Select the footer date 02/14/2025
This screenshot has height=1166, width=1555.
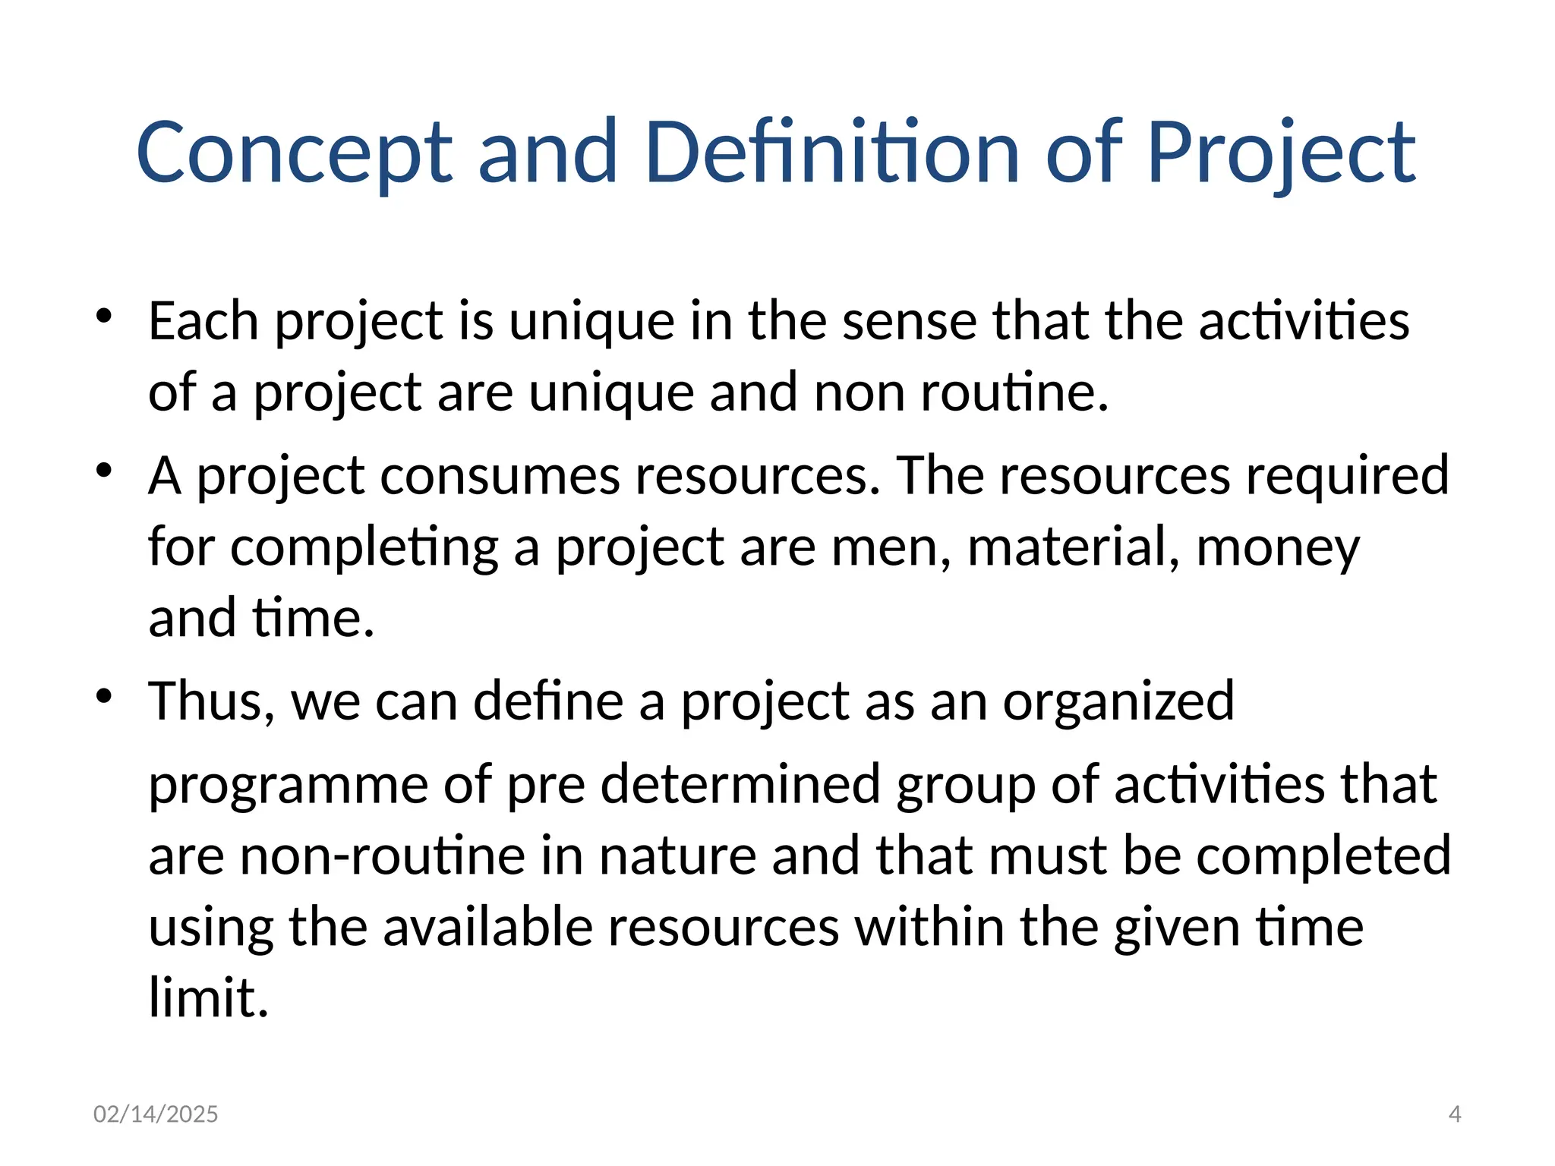point(156,1114)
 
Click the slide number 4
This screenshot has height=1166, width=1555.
point(1455,1114)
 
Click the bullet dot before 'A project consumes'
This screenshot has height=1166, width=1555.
point(105,470)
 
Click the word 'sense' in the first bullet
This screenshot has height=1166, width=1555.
point(909,321)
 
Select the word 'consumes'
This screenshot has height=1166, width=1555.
point(499,476)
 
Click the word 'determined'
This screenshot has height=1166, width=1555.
point(740,783)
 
